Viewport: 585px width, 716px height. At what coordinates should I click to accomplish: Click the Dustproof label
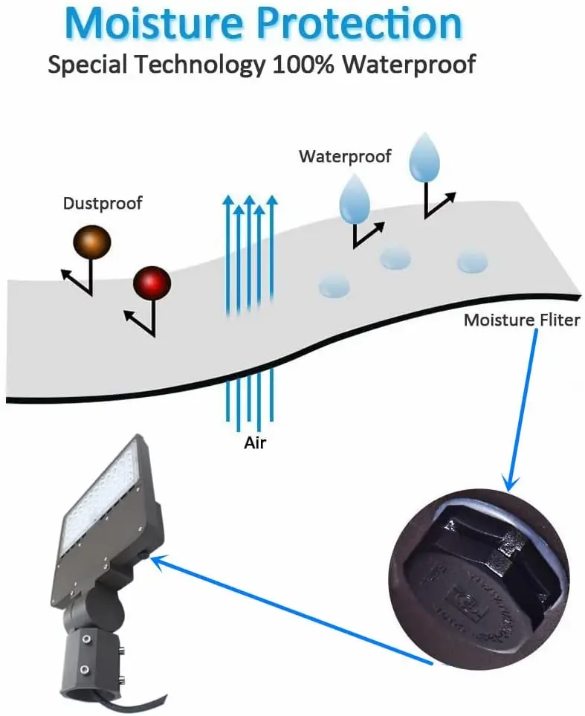[x=103, y=203]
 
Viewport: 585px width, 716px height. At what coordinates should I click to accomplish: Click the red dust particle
[x=152, y=283]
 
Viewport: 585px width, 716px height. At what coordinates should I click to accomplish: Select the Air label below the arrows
[x=255, y=443]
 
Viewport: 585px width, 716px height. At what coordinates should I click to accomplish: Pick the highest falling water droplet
[x=425, y=158]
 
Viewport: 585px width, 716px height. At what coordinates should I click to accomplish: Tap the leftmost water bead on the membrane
[x=334, y=285]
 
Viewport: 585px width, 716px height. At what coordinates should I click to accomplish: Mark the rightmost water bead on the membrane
[x=472, y=261]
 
